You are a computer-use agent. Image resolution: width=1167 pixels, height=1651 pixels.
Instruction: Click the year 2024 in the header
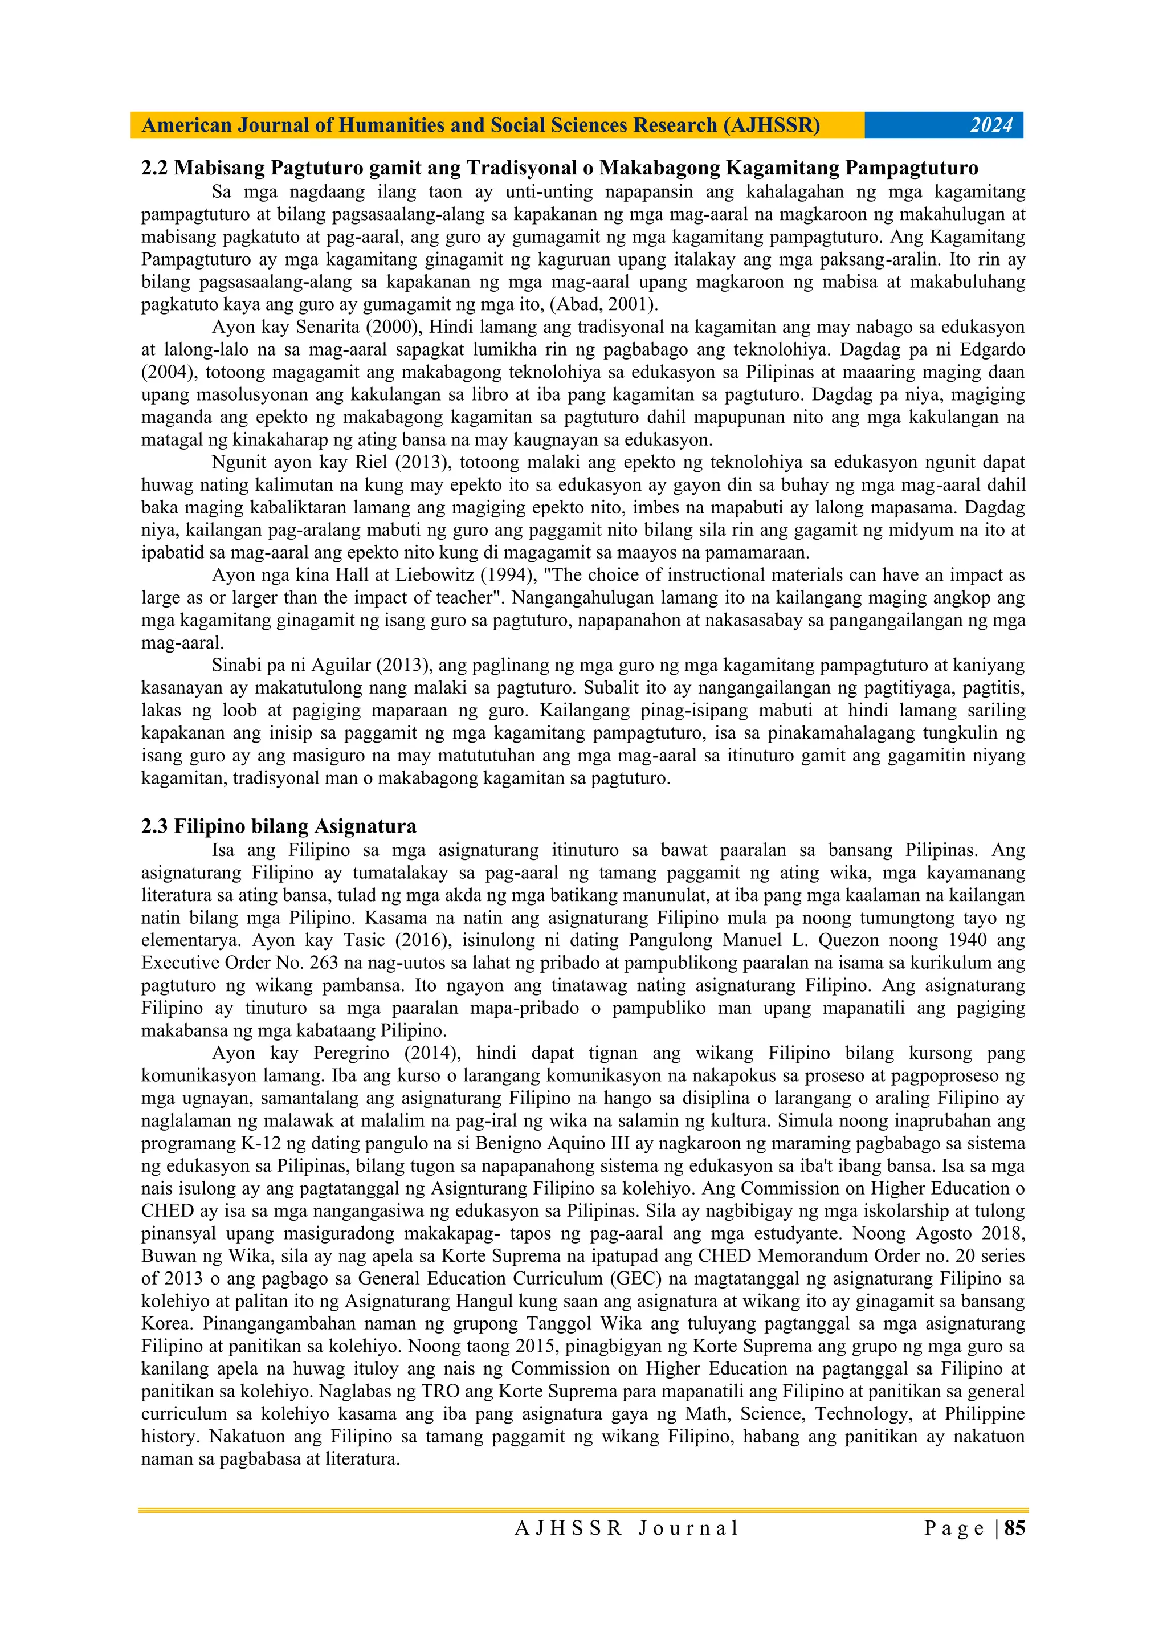click(991, 125)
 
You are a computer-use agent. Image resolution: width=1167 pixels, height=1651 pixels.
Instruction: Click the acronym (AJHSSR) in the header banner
click(771, 125)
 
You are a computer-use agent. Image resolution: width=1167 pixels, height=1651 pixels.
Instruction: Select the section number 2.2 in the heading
click(154, 168)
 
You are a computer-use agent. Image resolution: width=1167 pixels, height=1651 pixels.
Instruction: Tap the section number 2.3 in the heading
click(154, 826)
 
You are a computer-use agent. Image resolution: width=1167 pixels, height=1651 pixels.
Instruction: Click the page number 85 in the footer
click(1014, 1528)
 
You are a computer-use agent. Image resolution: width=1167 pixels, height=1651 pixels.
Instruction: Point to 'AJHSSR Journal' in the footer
click(626, 1528)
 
